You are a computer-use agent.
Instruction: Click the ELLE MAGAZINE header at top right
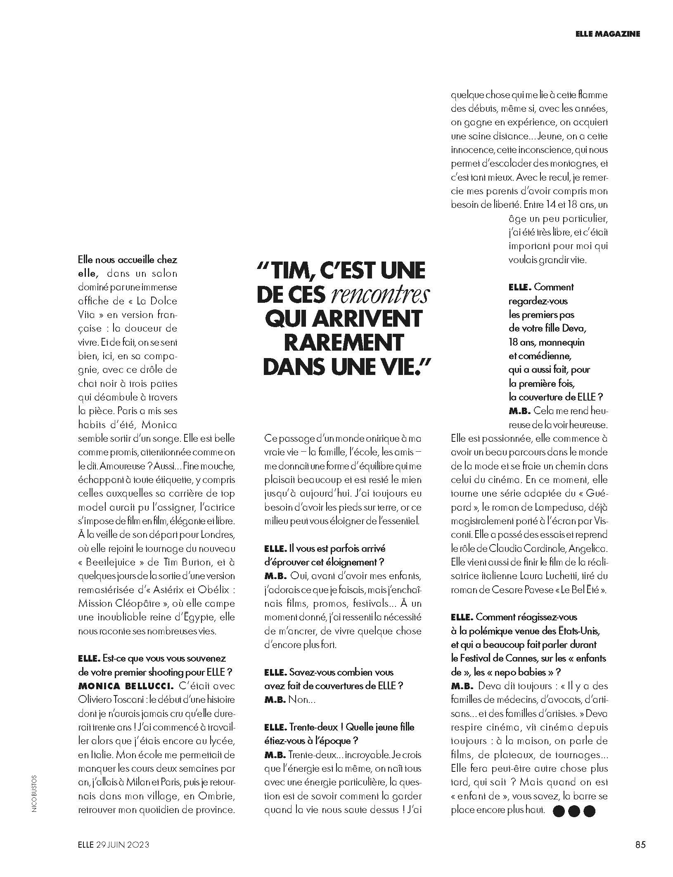(x=607, y=34)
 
